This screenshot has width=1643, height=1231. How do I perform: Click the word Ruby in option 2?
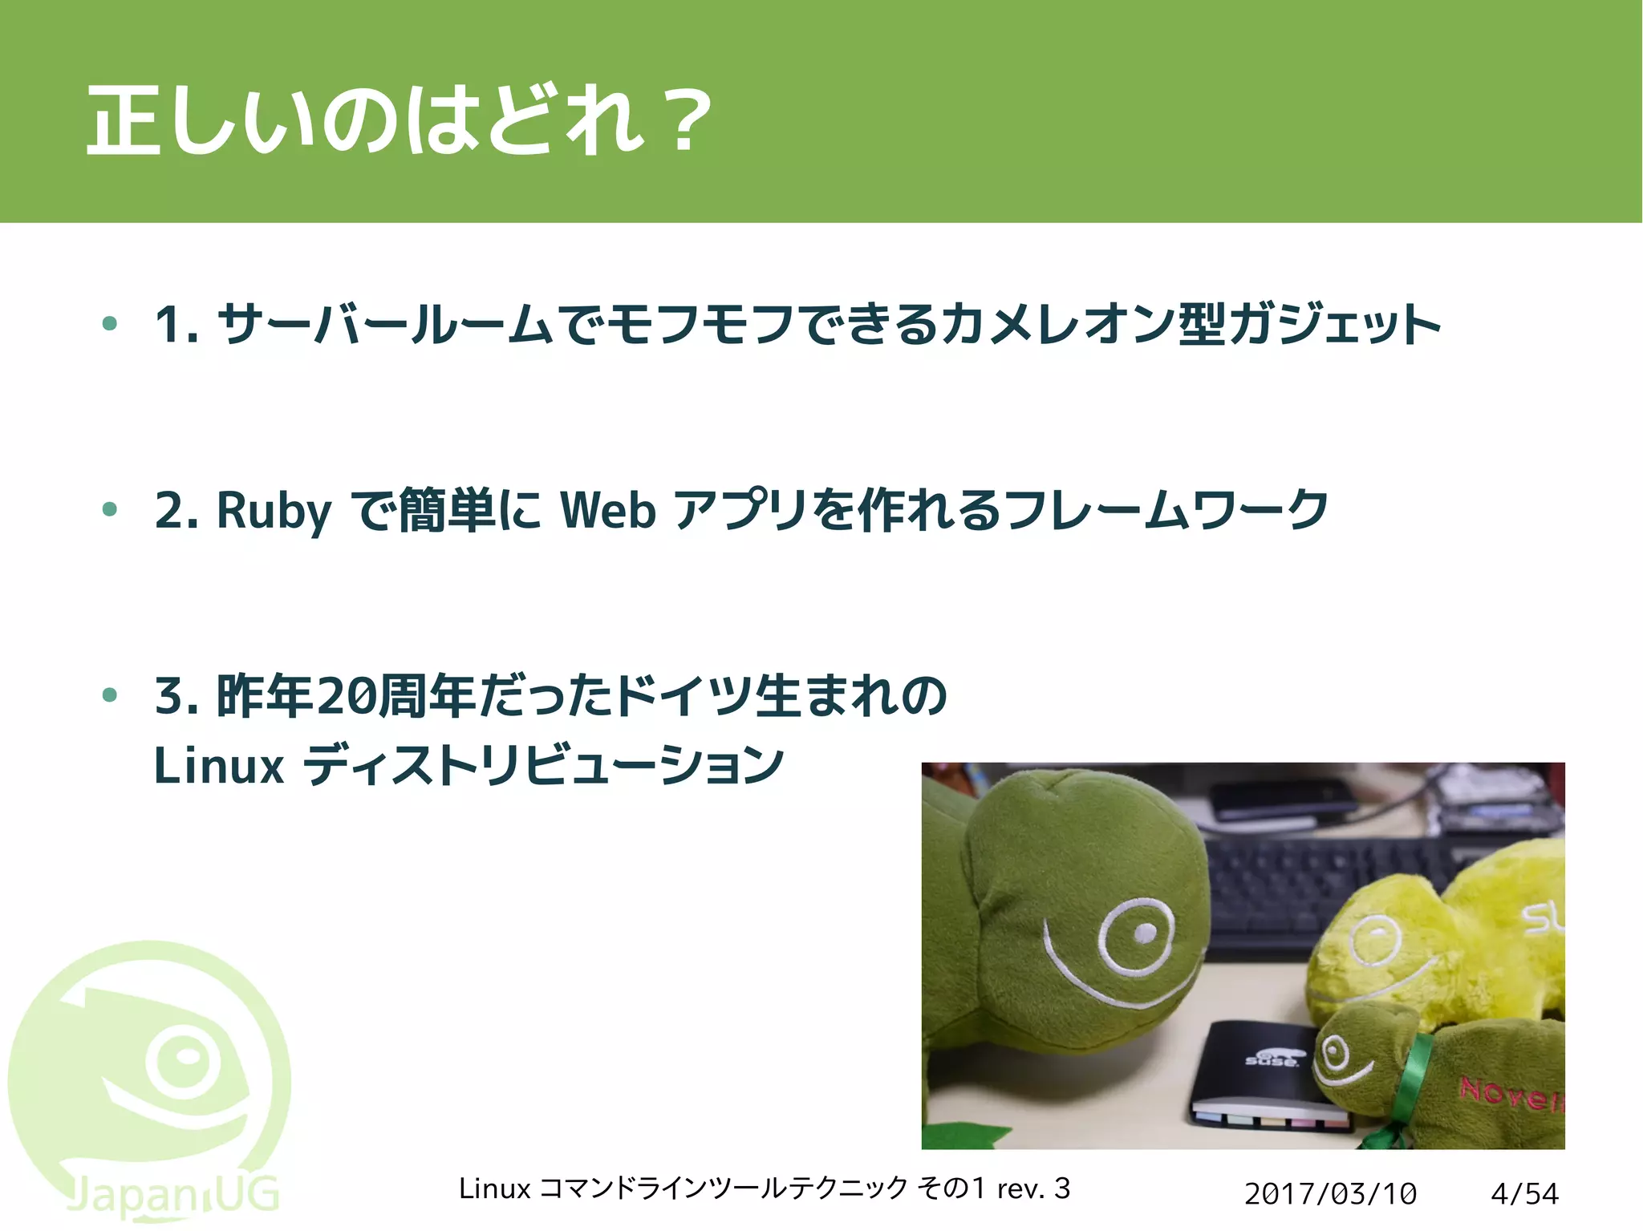tap(274, 510)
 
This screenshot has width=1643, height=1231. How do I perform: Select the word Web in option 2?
tap(608, 510)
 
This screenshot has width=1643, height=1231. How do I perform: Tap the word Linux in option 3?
tap(218, 766)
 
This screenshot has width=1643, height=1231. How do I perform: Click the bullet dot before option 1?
tap(110, 324)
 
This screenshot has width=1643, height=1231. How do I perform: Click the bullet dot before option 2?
tap(110, 509)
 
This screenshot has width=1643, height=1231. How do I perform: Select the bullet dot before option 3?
tap(110, 694)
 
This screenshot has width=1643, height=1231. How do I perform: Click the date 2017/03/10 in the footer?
tap(1330, 1193)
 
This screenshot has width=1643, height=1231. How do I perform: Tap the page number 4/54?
tap(1523, 1193)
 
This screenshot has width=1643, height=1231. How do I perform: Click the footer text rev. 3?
tap(1033, 1188)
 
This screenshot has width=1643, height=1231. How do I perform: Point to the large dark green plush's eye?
tap(1142, 933)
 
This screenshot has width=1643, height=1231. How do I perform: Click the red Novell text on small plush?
tap(1511, 1093)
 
